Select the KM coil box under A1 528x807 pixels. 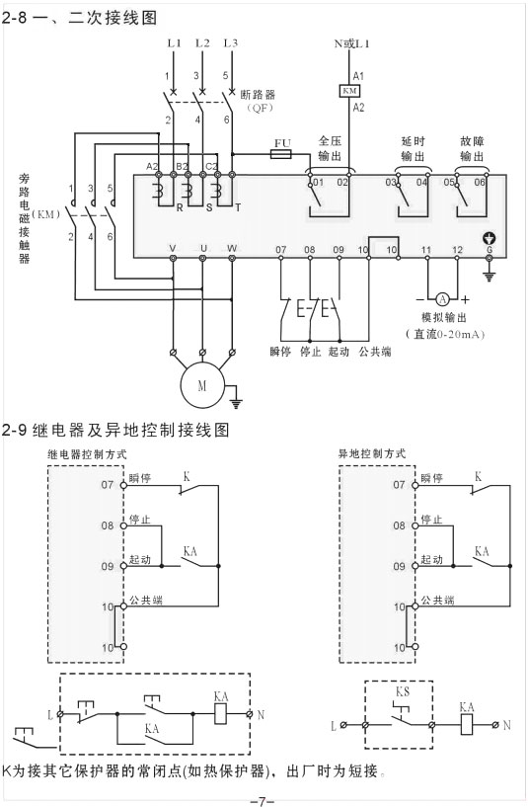[x=349, y=91]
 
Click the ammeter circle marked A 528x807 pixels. [x=442, y=298]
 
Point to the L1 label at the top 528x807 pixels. [x=174, y=42]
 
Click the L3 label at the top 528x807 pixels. [x=231, y=42]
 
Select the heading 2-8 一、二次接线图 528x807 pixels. [x=81, y=17]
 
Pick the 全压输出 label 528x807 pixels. [x=330, y=148]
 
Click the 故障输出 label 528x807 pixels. [x=472, y=148]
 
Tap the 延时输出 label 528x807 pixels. [x=413, y=148]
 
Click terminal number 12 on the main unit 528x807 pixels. [x=456, y=249]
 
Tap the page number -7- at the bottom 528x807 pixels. [x=262, y=797]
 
